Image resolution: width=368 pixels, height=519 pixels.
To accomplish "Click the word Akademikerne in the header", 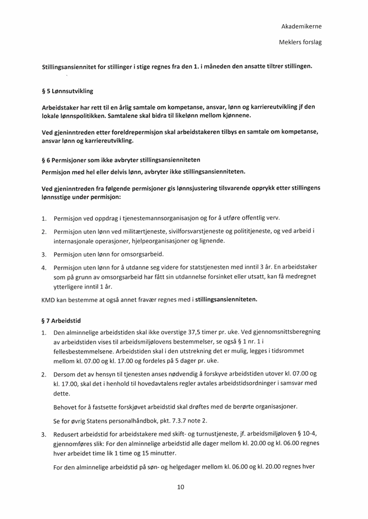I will [301, 26].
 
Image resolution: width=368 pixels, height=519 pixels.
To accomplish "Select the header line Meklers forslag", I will [300, 42].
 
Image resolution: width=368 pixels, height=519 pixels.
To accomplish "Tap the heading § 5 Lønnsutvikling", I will [68, 91].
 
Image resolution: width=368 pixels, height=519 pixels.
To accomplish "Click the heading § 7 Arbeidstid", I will [62, 321].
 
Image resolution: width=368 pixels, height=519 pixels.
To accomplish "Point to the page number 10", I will [181, 487].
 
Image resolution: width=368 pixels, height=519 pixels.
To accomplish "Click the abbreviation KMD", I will [49, 300].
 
